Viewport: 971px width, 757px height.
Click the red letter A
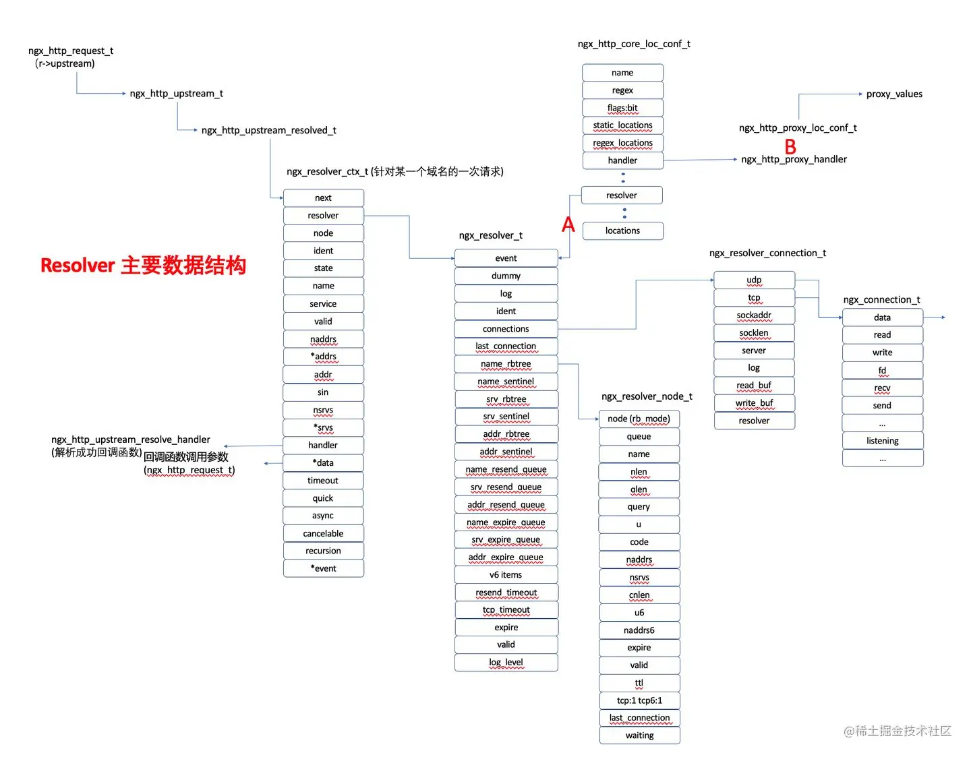[x=568, y=224]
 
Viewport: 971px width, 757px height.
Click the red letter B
[x=790, y=146]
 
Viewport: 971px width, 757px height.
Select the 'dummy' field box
[x=506, y=276]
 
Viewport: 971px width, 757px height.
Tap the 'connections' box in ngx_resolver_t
[x=506, y=329]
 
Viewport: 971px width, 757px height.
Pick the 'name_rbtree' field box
[x=506, y=364]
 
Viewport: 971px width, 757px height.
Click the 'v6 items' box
[x=506, y=575]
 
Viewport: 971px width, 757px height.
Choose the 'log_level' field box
[x=506, y=663]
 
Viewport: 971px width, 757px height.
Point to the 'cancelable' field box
[x=323, y=533]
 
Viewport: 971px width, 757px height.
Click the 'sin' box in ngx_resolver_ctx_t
[x=323, y=392]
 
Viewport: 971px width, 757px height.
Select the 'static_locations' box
[x=622, y=125]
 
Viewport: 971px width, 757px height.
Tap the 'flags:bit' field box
[x=622, y=108]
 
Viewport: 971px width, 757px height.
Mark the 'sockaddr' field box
[x=754, y=315]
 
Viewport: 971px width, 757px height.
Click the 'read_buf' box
[x=754, y=386]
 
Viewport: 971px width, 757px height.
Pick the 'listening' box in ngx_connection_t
[x=882, y=441]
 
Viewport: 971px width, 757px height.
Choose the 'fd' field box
[x=882, y=370]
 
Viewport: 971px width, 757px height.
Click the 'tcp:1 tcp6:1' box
[x=639, y=700]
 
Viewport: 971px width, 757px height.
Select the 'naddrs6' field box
[x=639, y=630]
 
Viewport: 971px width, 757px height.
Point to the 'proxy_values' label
[x=894, y=94]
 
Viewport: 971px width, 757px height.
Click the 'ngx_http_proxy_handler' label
[x=794, y=160]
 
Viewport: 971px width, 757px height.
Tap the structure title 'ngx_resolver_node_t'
[x=647, y=396]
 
